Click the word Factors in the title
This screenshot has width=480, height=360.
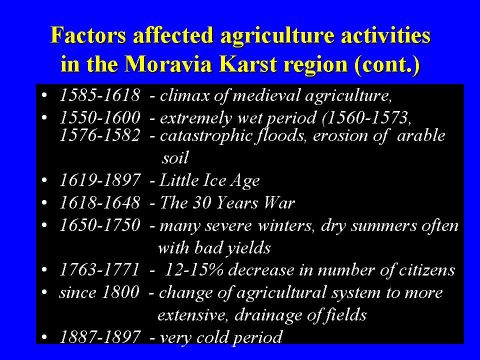click(88, 35)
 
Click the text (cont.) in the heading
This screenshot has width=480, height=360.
click(387, 65)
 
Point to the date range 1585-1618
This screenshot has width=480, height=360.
click(100, 95)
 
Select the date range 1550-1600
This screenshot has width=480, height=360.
click(100, 118)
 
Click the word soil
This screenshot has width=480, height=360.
click(175, 157)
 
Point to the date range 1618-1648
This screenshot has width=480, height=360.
click(100, 203)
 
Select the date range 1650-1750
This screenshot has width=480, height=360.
click(100, 225)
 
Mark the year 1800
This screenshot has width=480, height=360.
click(120, 292)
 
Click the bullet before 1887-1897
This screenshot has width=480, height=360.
click(44, 337)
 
